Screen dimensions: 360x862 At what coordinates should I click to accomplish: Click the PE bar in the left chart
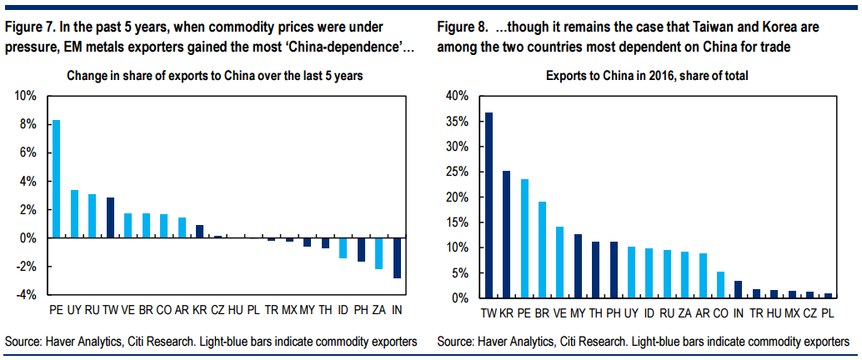(x=56, y=179)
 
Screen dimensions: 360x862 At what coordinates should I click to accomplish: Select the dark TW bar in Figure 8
(x=489, y=205)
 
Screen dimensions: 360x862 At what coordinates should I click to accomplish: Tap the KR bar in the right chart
(x=506, y=234)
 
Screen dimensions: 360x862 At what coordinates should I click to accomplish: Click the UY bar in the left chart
(x=74, y=214)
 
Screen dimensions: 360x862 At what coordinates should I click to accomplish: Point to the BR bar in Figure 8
(x=542, y=249)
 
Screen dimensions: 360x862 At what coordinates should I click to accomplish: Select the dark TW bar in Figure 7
(x=111, y=217)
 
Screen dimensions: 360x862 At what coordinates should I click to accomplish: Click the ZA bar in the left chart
(x=379, y=253)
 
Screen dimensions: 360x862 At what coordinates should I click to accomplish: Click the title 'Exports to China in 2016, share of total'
(x=647, y=76)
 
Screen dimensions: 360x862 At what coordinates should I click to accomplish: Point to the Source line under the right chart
(x=644, y=342)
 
